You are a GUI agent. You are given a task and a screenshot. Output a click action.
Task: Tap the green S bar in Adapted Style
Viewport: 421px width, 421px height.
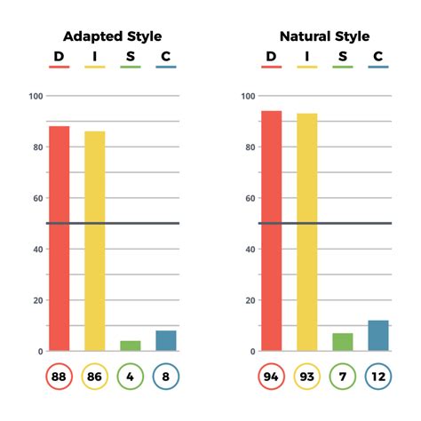tap(131, 346)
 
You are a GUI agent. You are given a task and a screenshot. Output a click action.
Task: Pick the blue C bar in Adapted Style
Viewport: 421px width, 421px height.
tap(166, 340)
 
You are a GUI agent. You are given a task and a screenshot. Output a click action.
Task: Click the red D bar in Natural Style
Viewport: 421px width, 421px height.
tap(272, 231)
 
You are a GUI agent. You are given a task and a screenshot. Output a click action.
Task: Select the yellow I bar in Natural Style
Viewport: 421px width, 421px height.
tap(307, 232)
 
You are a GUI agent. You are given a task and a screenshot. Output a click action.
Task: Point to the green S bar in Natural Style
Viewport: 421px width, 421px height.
tap(342, 342)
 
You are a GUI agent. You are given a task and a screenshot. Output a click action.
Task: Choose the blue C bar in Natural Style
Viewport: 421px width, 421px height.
tap(378, 335)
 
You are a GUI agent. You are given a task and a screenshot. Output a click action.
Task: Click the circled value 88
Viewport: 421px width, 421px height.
tap(60, 376)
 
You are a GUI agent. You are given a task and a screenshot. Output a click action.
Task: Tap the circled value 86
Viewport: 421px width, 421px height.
tap(95, 376)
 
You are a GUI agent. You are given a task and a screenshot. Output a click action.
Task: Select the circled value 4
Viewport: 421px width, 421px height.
tap(131, 376)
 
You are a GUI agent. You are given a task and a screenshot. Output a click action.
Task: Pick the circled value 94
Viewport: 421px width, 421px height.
tap(272, 376)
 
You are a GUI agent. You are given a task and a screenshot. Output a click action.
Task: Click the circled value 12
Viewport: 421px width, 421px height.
tap(378, 376)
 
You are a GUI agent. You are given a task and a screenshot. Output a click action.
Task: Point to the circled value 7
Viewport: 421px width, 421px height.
tap(343, 376)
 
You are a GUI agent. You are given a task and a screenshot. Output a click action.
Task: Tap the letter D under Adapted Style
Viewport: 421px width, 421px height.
tap(59, 57)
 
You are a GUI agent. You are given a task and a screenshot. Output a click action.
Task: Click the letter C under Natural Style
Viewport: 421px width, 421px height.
tap(377, 57)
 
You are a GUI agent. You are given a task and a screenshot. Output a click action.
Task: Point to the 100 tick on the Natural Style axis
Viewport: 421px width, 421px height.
tap(248, 96)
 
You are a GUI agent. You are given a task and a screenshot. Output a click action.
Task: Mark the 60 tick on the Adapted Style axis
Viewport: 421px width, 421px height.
tap(37, 198)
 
